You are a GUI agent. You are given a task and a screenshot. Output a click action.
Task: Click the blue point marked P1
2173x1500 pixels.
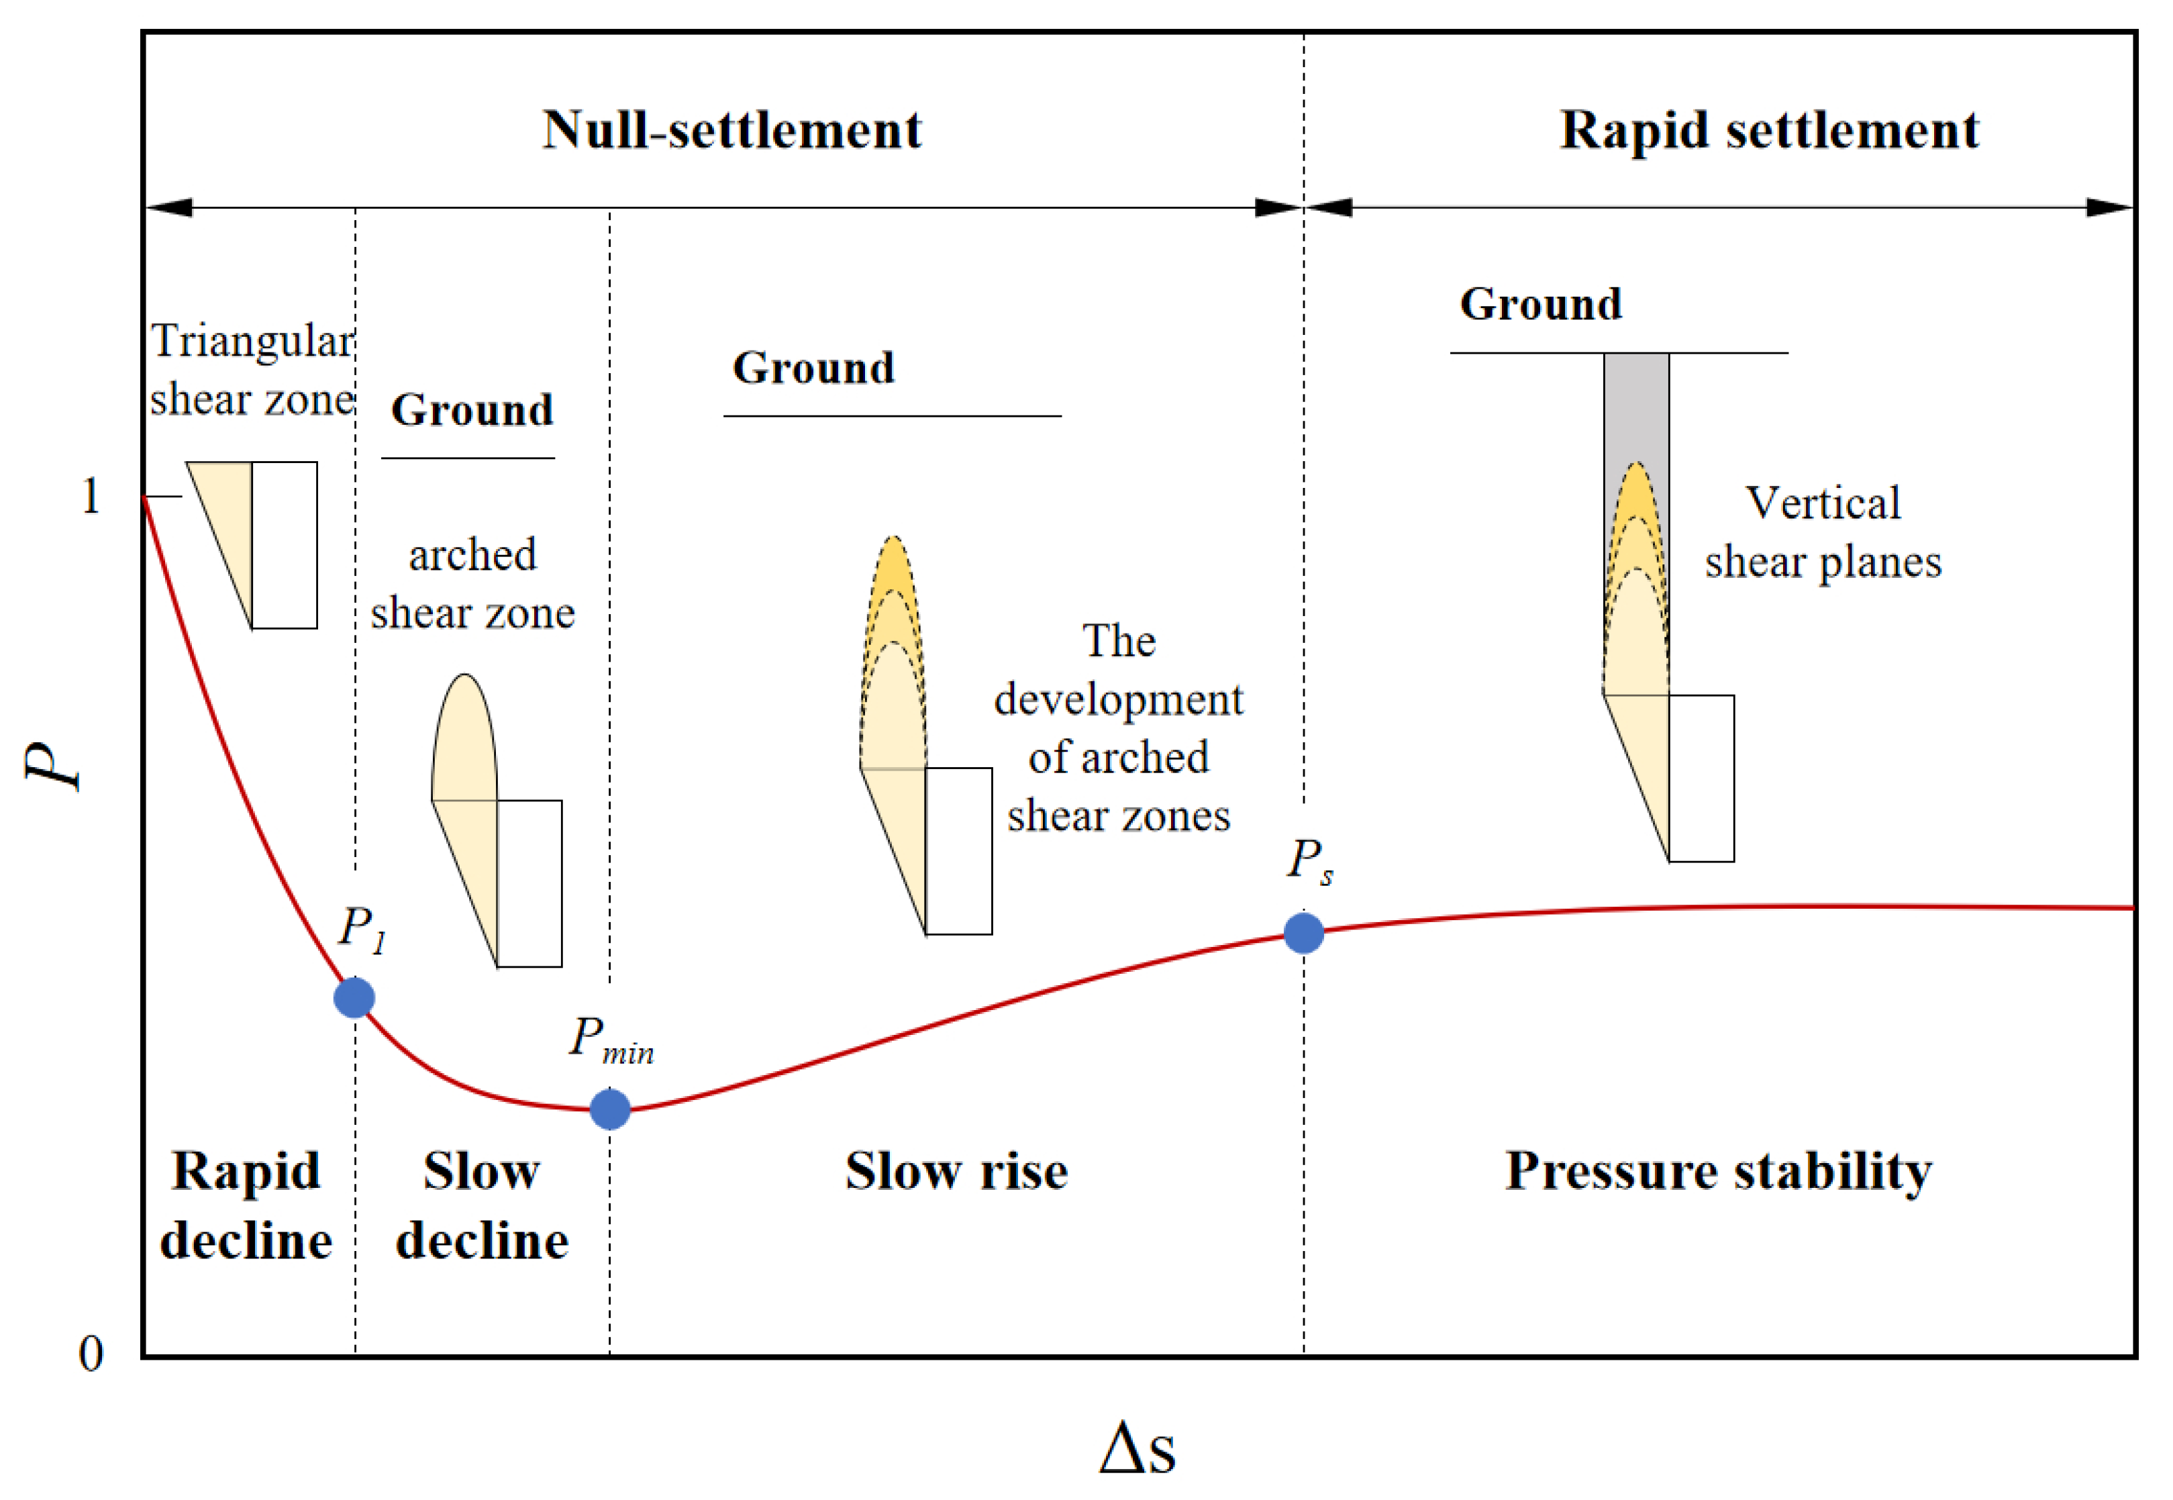[x=354, y=997]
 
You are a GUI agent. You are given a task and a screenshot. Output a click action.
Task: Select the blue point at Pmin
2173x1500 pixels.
[x=610, y=1109]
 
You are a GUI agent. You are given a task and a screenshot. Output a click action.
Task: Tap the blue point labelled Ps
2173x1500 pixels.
[x=1304, y=932]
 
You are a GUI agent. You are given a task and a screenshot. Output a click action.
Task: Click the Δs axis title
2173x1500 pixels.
[x=1138, y=1448]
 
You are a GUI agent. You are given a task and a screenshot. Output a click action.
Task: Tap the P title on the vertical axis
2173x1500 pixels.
[x=54, y=766]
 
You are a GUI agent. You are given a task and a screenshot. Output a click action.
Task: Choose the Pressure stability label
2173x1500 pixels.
[x=1718, y=1171]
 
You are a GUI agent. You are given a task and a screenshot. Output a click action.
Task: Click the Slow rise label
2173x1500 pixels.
[x=956, y=1171]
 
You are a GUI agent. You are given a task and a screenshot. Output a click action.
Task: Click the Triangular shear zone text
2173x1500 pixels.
[x=252, y=369]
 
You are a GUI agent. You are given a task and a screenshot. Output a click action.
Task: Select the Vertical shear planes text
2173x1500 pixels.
[x=1823, y=532]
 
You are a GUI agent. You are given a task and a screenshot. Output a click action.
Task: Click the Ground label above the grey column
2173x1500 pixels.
[x=1540, y=303]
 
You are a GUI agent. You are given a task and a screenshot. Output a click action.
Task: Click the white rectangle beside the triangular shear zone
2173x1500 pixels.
[x=284, y=544]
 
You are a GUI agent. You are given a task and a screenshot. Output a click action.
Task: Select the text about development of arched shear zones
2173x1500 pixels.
[x=1119, y=728]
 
